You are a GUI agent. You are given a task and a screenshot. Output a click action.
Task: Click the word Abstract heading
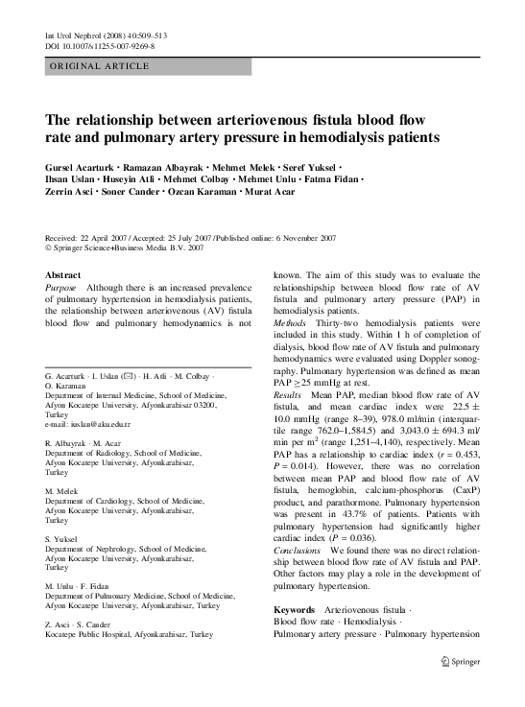click(x=63, y=274)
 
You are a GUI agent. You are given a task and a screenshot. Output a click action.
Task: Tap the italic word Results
click(x=288, y=394)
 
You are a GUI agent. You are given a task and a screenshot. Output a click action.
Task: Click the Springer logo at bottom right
click(x=460, y=661)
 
